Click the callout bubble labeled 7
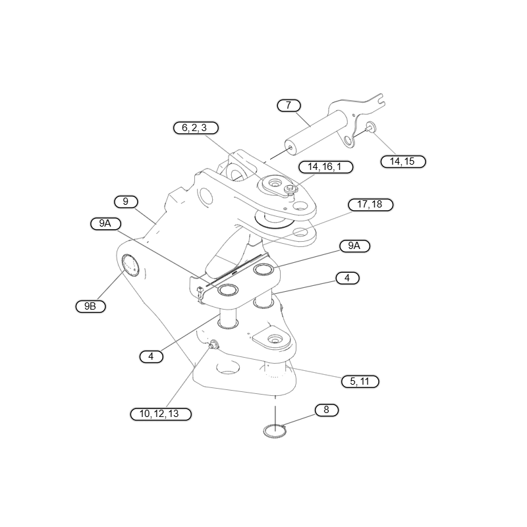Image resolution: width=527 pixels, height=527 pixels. click(289, 105)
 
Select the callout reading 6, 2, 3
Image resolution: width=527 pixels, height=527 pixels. click(196, 128)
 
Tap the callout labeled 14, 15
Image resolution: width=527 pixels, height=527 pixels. click(403, 161)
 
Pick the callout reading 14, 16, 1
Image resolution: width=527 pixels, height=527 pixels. click(325, 167)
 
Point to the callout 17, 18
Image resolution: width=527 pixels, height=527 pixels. click(370, 205)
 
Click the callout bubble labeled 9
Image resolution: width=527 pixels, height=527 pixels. click(126, 202)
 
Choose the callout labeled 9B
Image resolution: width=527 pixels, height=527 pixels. click(90, 306)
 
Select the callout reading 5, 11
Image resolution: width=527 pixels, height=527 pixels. click(360, 382)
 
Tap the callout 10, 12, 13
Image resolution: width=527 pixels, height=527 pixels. click(161, 414)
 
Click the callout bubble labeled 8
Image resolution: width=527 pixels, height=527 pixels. click(326, 410)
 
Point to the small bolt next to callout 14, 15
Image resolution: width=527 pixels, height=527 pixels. click(370, 126)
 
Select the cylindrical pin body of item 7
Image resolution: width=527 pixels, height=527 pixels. click(315, 133)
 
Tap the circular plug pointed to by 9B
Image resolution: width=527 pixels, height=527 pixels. click(130, 265)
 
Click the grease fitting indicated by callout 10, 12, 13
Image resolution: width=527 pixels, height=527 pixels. click(213, 344)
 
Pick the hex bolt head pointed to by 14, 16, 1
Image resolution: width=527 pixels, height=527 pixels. click(291, 189)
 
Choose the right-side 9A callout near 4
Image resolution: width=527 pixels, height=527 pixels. click(354, 246)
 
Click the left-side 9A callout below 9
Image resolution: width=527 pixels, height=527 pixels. click(105, 224)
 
